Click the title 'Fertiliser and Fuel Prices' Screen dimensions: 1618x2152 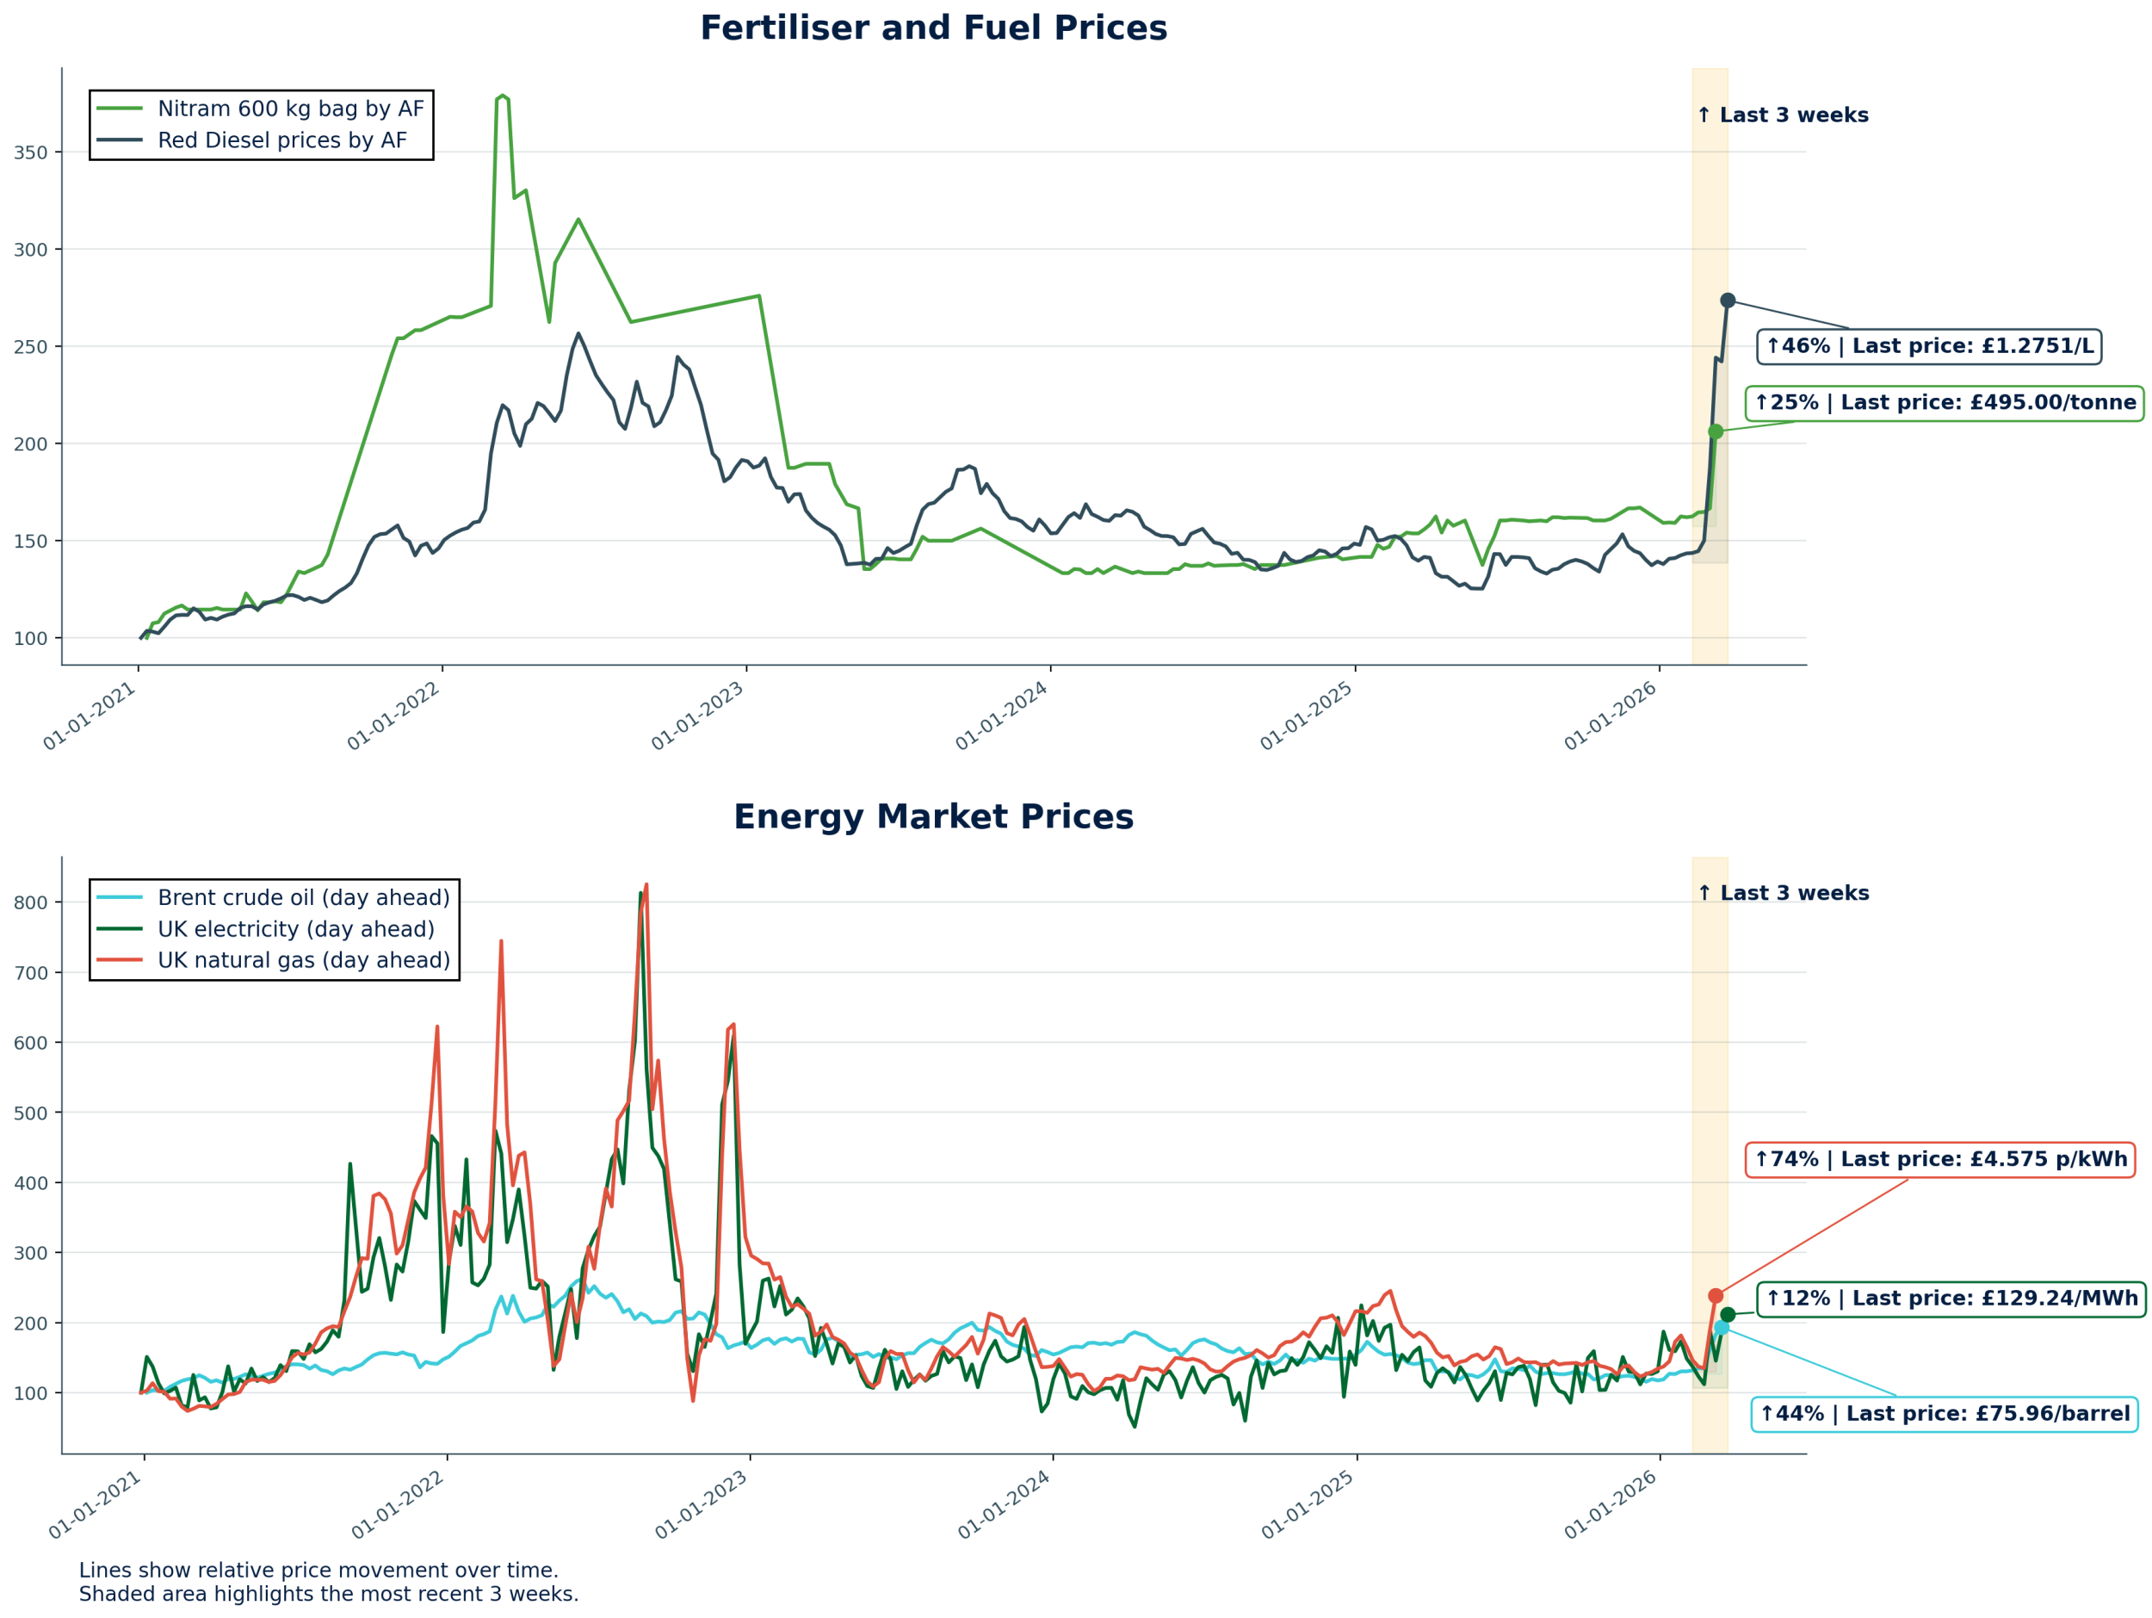933,28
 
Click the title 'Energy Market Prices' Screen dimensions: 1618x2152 933,817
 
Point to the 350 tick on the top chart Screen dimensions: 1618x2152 30,152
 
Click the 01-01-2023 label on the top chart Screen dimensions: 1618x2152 697,716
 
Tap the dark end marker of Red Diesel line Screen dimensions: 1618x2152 1728,301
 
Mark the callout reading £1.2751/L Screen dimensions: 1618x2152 1929,346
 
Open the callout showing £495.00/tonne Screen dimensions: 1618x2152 1944,403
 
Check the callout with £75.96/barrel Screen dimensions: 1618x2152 1944,1414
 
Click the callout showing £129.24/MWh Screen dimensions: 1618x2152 1951,1299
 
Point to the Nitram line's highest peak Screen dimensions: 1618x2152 502,96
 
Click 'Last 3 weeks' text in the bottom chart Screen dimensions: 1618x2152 1783,893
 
